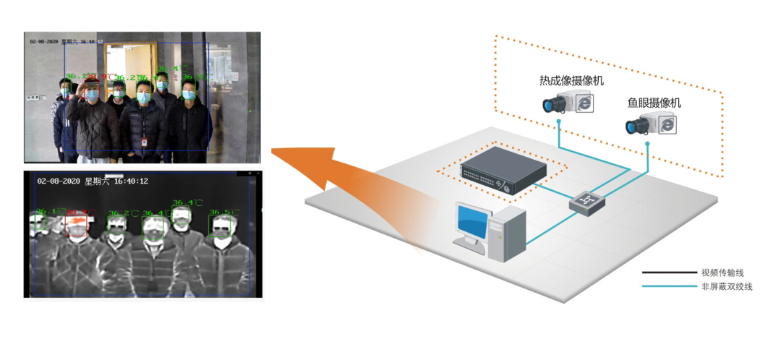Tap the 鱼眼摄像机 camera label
654,103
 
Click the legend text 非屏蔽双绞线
727,287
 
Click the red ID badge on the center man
144,142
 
